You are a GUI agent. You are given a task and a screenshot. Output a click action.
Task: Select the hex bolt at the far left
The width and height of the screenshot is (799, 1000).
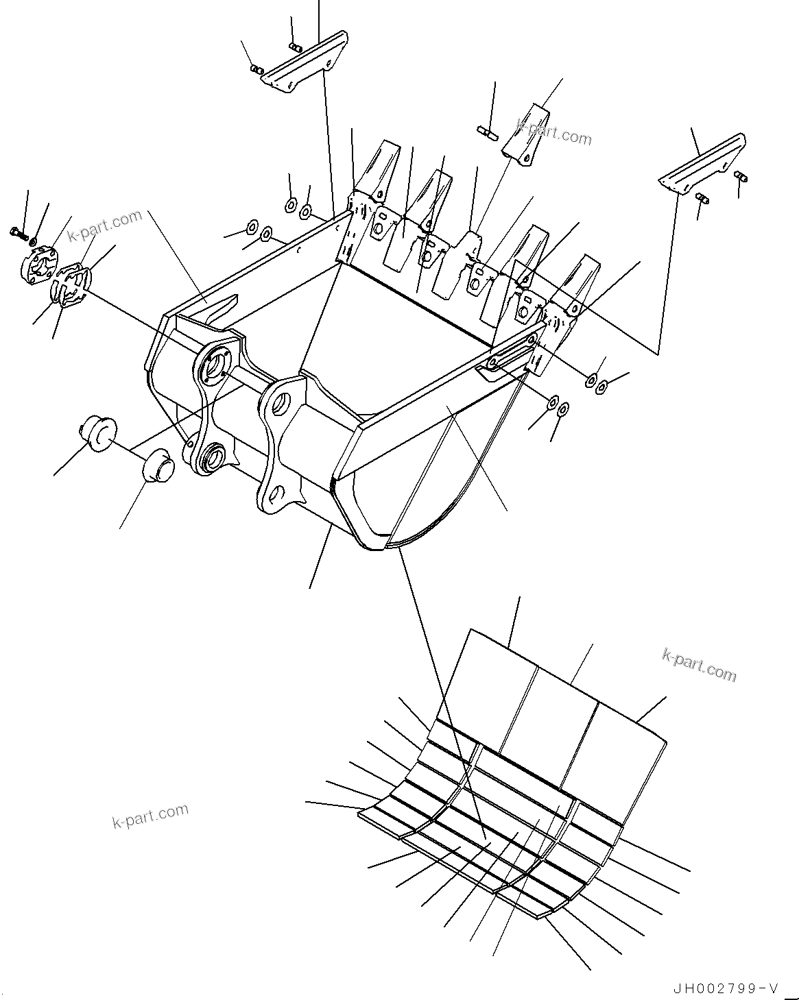coord(19,234)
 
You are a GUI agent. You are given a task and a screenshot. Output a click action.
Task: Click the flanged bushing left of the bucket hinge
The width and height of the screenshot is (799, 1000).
coord(97,433)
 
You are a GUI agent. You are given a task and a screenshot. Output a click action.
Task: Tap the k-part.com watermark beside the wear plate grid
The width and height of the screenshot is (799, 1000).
coord(699,664)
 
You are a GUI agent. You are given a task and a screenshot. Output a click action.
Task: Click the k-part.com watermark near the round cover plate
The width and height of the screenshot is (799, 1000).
coord(104,225)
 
